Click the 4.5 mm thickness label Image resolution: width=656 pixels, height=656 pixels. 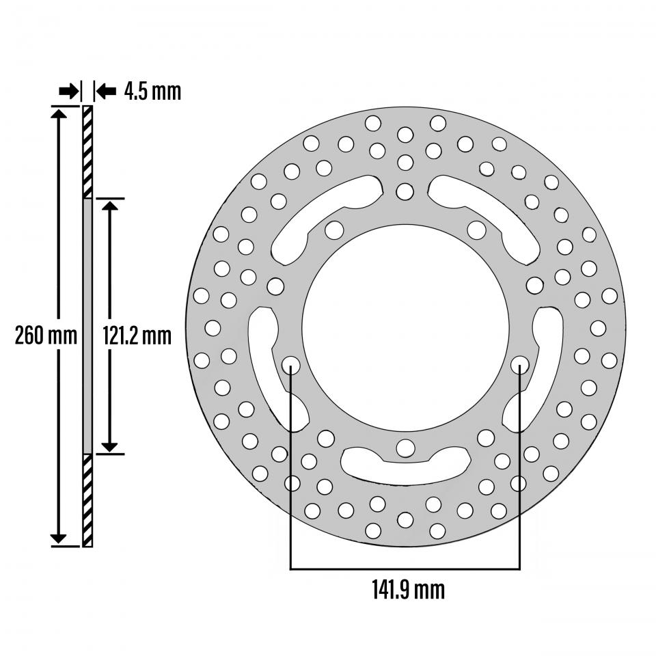tap(152, 91)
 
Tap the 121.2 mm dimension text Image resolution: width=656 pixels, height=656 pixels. tap(137, 335)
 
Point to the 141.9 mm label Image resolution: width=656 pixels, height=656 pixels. tap(408, 588)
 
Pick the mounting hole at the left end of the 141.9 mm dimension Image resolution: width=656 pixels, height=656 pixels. tap(291, 364)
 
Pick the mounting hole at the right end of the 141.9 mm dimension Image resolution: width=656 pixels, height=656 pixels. tap(519, 364)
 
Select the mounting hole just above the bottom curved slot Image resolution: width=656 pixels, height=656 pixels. tap(405, 448)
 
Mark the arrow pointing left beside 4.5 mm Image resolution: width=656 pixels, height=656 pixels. tap(106, 91)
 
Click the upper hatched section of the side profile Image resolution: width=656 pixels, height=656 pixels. tap(87, 152)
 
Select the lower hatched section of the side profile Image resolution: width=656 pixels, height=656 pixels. tap(87, 500)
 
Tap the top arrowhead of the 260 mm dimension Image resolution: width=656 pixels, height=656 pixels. tap(59, 113)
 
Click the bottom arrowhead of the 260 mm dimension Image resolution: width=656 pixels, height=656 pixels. tap(59, 538)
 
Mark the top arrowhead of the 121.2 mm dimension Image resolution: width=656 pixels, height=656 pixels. tap(110, 206)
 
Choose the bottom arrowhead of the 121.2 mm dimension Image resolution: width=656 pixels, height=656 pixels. tap(110, 446)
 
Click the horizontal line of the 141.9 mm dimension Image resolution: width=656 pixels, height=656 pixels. tap(405, 568)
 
